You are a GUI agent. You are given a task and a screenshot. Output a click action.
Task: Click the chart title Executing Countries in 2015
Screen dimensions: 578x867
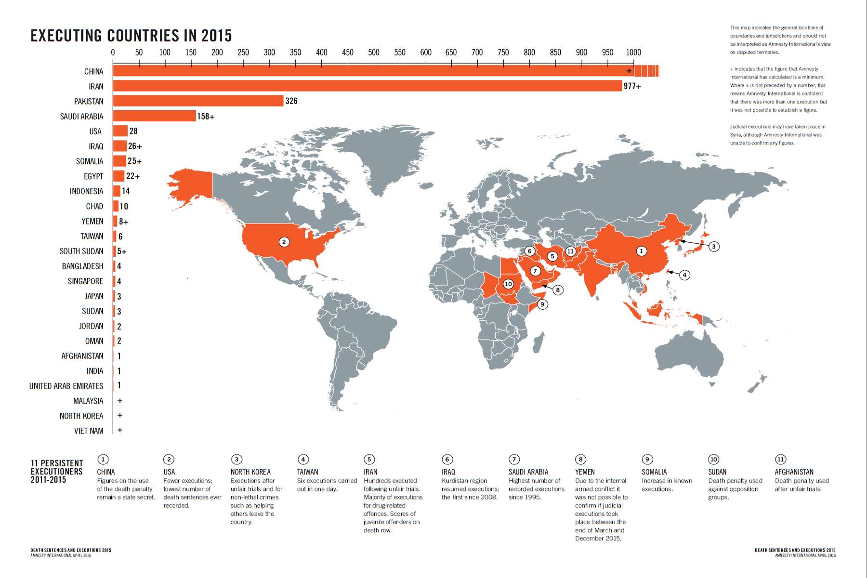click(131, 36)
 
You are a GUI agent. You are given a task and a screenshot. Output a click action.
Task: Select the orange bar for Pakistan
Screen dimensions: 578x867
click(198, 101)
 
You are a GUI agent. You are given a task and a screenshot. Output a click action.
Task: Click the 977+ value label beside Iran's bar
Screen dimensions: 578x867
click(632, 86)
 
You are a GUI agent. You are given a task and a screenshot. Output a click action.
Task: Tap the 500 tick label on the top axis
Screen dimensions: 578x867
click(373, 52)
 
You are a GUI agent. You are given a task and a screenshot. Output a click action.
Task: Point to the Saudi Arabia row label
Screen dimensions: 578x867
click(81, 117)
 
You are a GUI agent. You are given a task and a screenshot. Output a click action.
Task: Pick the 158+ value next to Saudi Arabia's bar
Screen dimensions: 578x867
click(206, 116)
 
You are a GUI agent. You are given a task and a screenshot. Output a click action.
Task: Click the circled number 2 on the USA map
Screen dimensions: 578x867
click(284, 242)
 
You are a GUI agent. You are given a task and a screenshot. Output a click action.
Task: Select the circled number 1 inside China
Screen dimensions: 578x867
click(641, 251)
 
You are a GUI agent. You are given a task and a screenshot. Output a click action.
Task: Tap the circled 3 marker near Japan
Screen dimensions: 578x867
click(714, 246)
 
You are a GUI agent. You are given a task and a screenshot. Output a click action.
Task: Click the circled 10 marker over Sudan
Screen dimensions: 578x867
click(508, 284)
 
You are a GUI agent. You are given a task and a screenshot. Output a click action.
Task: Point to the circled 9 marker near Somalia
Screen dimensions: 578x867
click(542, 304)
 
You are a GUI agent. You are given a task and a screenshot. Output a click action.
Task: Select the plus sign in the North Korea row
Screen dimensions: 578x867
click(120, 415)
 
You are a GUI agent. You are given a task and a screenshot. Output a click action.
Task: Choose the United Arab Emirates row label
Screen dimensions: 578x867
click(66, 386)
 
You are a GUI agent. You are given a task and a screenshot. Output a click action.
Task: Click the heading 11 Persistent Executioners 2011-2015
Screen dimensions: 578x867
click(56, 471)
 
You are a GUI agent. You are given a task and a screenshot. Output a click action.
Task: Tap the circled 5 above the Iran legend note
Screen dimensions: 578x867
click(369, 459)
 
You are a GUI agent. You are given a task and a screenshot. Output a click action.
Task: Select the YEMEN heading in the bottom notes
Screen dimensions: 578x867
click(585, 472)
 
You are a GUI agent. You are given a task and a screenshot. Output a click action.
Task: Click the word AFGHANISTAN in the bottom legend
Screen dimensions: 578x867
click(794, 472)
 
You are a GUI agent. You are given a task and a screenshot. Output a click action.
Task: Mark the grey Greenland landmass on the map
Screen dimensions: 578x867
click(381, 154)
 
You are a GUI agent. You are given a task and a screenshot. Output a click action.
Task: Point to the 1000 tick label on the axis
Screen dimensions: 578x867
click(633, 52)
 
